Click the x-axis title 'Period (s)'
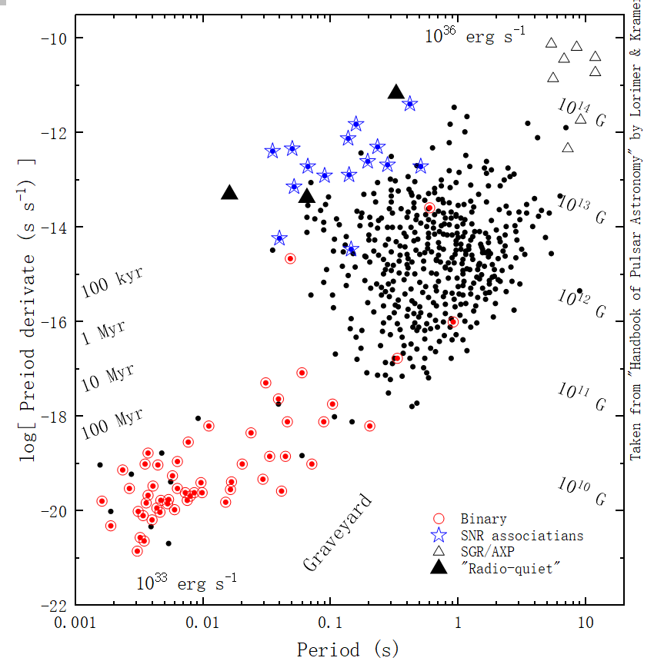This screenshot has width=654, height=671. point(348,650)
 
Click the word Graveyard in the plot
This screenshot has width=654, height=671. point(338,533)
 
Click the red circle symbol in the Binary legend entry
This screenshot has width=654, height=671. point(439,519)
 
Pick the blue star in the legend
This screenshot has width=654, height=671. point(439,535)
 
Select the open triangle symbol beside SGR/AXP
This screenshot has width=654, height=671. point(439,551)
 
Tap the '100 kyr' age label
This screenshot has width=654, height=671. point(112,284)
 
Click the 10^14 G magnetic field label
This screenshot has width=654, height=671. point(582,112)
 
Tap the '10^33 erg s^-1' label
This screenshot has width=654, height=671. point(187,583)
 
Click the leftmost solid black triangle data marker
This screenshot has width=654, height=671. point(229,192)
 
